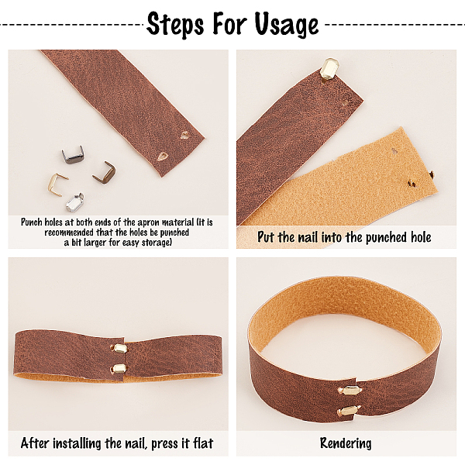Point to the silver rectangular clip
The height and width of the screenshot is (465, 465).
75,203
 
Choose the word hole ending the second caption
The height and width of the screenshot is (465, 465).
416,237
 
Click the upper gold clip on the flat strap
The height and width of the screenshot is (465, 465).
118,350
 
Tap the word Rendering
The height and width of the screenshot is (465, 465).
346,444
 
